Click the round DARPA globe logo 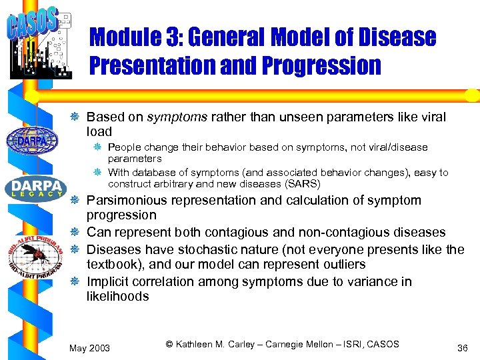(x=31, y=141)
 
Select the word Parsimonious (x=127, y=201)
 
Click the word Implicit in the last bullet (x=107, y=282)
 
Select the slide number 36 (x=461, y=348)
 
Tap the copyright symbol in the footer (x=169, y=345)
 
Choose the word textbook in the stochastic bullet (x=112, y=265)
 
